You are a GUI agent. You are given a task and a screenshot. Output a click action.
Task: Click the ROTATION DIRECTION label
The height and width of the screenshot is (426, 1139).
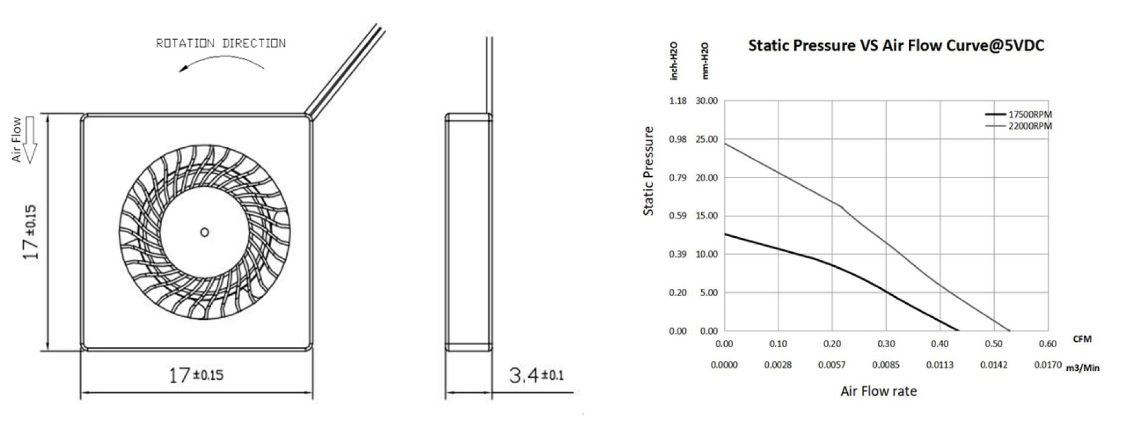click(221, 43)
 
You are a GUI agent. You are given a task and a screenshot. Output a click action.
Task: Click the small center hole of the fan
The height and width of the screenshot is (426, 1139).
click(205, 232)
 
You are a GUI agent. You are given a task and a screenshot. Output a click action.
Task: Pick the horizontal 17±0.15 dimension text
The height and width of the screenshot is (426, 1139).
click(196, 375)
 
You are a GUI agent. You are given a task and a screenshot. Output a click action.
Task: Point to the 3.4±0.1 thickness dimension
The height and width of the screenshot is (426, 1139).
click(536, 375)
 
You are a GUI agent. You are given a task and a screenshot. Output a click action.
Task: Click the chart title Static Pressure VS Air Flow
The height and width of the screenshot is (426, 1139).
click(896, 45)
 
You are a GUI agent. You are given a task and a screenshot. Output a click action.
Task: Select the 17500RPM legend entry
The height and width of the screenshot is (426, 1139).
click(1019, 115)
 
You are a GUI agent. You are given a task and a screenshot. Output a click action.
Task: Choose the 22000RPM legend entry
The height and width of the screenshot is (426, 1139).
click(1019, 126)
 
